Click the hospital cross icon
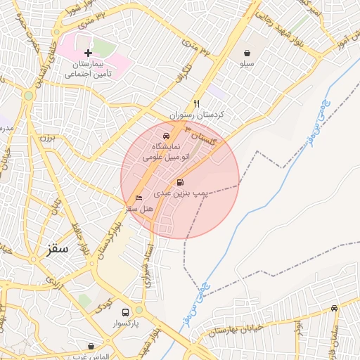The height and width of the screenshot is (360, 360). [x=88, y=53]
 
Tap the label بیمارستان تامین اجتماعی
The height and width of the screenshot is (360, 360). [x=89, y=68]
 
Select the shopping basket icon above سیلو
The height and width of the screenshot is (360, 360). [x=247, y=53]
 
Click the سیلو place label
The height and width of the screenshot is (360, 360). [x=247, y=64]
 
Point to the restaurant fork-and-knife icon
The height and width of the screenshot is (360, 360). [x=197, y=103]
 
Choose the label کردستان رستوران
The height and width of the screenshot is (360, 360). [x=196, y=114]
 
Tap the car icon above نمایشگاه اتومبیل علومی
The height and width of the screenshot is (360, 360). [x=165, y=136]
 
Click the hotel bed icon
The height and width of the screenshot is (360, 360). [x=139, y=198]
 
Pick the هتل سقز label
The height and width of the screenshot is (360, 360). [x=139, y=209]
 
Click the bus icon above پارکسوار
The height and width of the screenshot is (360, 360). [x=125, y=312]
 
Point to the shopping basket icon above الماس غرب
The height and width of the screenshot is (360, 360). [x=91, y=346]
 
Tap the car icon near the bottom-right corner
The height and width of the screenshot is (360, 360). [x=334, y=308]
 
